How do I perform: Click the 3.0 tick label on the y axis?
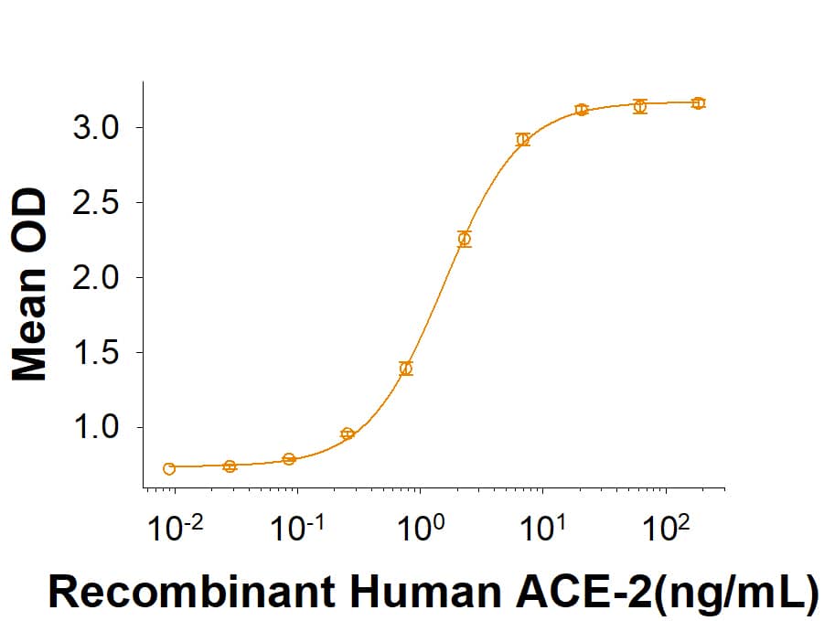[94, 127]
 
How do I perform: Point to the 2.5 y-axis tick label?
[94, 202]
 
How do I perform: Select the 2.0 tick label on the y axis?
[94, 277]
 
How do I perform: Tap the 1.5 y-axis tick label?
[94, 352]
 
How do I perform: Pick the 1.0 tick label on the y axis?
[94, 427]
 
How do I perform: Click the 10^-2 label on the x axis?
[174, 530]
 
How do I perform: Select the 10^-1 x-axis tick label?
[297, 530]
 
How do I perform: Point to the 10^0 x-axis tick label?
[421, 530]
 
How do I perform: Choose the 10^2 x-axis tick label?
[667, 530]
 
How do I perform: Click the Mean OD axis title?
[30, 284]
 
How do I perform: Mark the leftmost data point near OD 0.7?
[169, 469]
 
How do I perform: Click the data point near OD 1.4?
[406, 369]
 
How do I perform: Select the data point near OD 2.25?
[465, 240]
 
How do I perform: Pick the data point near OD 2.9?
[523, 140]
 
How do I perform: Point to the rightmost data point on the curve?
[699, 103]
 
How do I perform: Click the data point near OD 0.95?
[348, 434]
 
